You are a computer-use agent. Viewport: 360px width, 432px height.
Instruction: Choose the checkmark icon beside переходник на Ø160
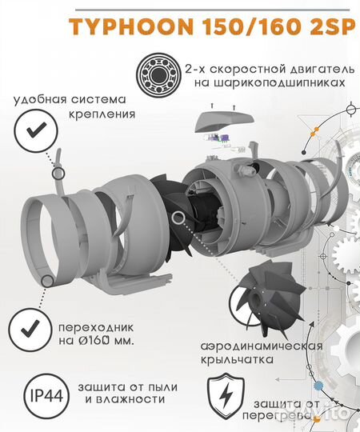pos(30,329)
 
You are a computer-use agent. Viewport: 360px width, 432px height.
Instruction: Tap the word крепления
pos(100,114)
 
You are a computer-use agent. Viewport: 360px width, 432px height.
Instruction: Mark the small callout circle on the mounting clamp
pos(58,174)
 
